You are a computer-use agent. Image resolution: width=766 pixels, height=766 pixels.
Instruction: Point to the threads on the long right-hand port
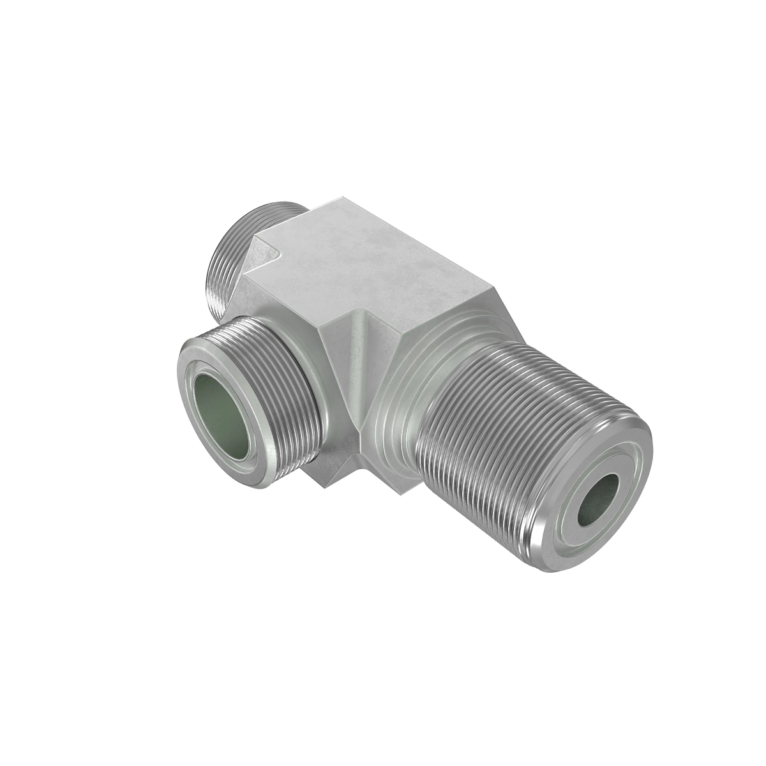click(485, 434)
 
